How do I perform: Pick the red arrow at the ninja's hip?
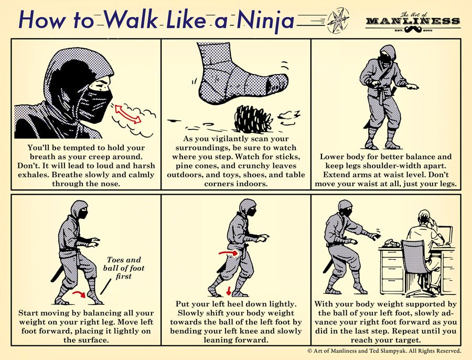(x=227, y=253)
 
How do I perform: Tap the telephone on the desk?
(x=390, y=242)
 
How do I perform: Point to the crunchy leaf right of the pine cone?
(x=287, y=114)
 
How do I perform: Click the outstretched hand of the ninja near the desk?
(x=375, y=236)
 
